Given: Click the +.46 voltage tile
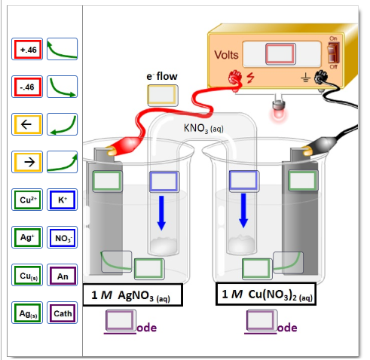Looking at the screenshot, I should click(x=28, y=50).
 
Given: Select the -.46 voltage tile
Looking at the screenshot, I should click(x=28, y=87).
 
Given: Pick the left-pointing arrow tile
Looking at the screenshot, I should click(x=28, y=125).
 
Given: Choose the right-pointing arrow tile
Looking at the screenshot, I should click(x=28, y=162).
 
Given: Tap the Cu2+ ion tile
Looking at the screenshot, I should click(x=28, y=200).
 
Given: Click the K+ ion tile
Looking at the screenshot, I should click(x=62, y=200).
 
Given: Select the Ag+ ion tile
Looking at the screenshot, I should click(x=28, y=237).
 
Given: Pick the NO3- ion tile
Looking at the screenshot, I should click(x=62, y=238).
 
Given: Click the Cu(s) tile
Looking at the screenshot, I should click(x=28, y=275).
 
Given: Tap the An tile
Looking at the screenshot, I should click(x=62, y=276).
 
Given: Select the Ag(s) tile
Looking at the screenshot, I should click(x=28, y=312).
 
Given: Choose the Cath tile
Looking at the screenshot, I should click(x=62, y=313).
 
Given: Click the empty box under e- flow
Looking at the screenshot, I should click(x=161, y=94).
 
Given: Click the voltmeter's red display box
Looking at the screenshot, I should click(x=280, y=55).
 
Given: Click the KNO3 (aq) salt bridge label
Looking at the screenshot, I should click(x=203, y=128).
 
